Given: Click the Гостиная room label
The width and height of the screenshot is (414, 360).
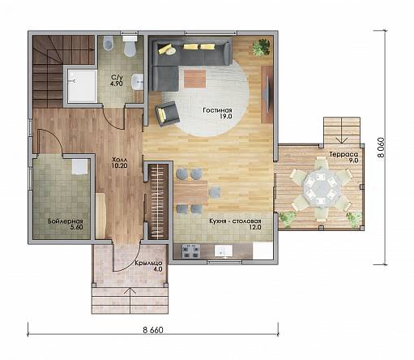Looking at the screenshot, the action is (x=217, y=110).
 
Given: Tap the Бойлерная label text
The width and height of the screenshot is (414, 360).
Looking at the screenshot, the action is (x=66, y=221).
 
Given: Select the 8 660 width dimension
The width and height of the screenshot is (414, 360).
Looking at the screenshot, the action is (x=153, y=330).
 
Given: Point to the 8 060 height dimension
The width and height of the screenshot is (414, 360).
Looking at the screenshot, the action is (x=381, y=148).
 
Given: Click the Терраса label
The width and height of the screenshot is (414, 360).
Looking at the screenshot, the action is (x=344, y=154).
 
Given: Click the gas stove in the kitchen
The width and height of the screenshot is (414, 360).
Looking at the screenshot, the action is (x=191, y=251).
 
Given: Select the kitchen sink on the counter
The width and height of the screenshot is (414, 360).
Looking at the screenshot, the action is (x=224, y=251).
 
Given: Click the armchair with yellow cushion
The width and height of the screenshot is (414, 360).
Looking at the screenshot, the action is (x=168, y=114).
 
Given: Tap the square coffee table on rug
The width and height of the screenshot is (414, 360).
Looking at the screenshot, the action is (x=195, y=79).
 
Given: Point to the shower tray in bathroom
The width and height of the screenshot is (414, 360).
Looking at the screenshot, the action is (x=82, y=86).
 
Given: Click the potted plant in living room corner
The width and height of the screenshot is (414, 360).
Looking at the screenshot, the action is (x=262, y=47).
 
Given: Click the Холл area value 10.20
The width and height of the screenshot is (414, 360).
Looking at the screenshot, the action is (x=119, y=165).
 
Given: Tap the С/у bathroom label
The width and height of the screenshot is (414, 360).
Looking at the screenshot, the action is (x=117, y=78).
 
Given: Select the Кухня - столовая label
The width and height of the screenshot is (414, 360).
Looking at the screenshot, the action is (x=235, y=221).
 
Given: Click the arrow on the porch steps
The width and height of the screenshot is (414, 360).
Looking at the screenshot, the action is (x=130, y=300).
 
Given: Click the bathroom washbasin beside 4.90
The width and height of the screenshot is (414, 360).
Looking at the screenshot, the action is (x=137, y=82).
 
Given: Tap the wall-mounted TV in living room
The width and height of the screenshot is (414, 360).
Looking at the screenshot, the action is (x=267, y=95).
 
